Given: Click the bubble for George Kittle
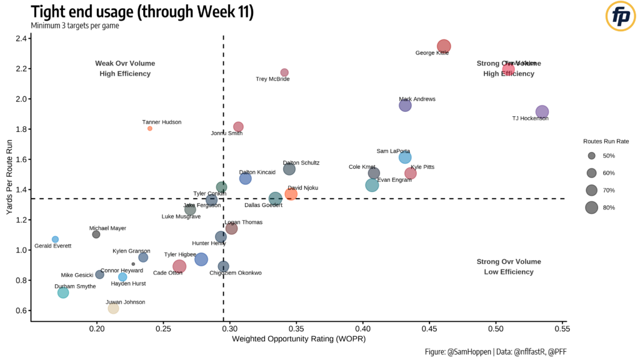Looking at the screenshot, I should (x=444, y=46).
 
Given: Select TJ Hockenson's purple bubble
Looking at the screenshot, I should (x=542, y=112).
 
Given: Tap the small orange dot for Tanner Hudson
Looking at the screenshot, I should (x=150, y=128).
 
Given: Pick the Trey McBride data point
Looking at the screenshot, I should (x=284, y=72).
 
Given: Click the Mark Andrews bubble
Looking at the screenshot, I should (x=405, y=106).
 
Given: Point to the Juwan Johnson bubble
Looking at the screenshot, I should (x=113, y=308).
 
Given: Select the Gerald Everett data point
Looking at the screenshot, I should (x=55, y=239).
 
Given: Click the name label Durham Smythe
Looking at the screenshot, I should (x=75, y=286).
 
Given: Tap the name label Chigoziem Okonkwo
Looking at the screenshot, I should (x=236, y=273).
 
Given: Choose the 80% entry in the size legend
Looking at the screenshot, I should (x=591, y=207).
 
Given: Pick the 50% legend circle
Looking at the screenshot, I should (x=591, y=155).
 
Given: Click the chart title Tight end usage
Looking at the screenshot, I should (x=142, y=12).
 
